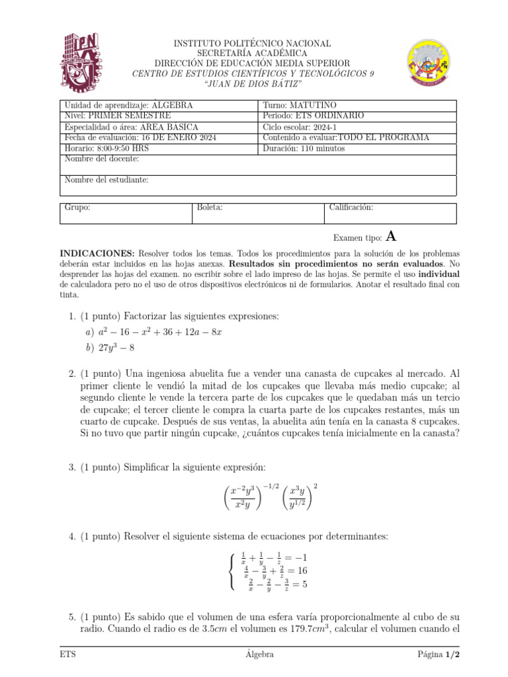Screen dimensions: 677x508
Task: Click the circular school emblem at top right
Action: pos(429,63)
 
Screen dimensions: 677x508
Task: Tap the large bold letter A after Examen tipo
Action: pos(392,237)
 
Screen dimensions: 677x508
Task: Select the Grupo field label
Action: pos(77,208)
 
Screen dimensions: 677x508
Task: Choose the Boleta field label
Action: pos(210,208)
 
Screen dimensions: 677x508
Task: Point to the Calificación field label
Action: pos(351,208)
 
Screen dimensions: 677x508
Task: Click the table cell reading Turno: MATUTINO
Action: pos(300,105)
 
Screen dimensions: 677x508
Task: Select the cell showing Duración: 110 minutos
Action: pos(304,148)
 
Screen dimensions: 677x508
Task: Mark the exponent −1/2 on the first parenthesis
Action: pos(273,487)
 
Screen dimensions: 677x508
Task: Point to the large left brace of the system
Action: pos(230,571)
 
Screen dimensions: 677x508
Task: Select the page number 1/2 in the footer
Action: pos(452,655)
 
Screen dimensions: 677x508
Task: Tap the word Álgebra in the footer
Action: pos(259,655)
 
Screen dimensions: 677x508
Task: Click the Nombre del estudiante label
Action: pos(106,180)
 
